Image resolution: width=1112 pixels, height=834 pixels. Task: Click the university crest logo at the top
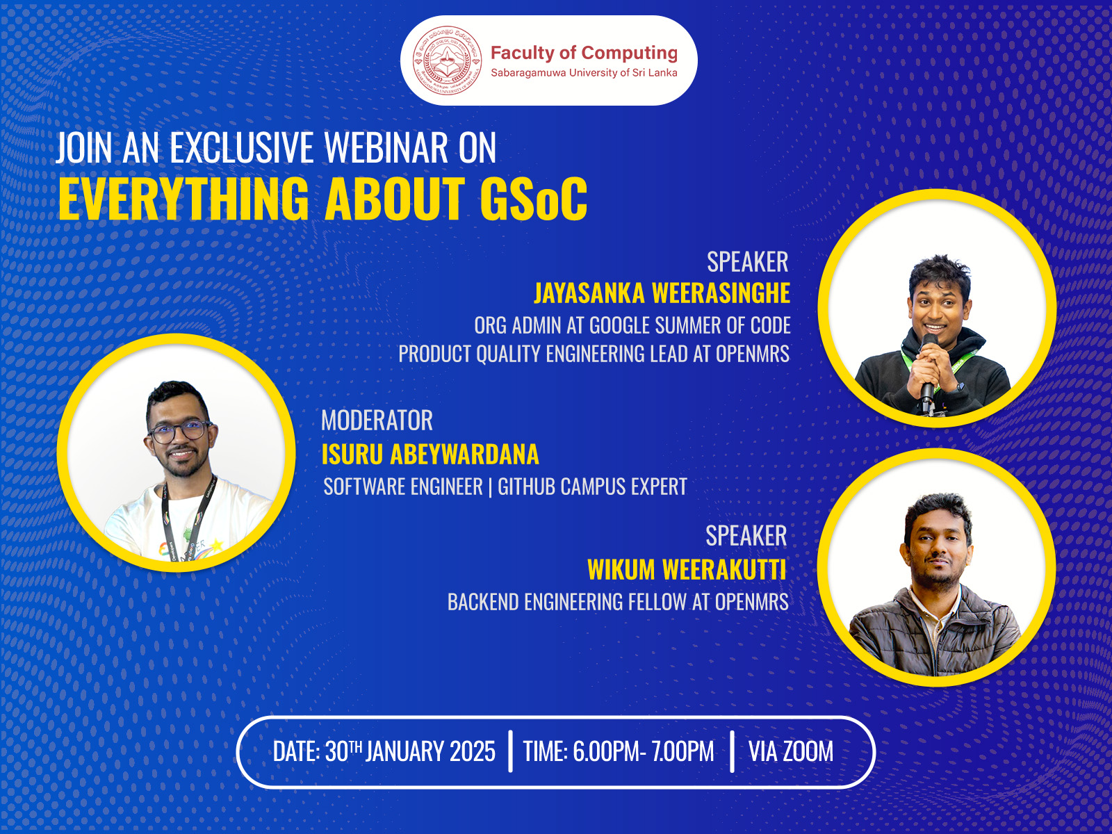447,60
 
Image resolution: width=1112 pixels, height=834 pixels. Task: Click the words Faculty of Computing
584,53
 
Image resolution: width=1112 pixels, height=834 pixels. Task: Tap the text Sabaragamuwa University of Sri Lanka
584,73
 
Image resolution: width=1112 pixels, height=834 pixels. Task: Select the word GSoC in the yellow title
533,199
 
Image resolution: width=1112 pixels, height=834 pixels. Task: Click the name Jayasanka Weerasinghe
662,293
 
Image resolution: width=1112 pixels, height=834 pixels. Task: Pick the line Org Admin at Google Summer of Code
632,325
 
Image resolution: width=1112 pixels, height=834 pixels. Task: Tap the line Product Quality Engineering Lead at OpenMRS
594,354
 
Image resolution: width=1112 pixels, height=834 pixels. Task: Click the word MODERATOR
377,420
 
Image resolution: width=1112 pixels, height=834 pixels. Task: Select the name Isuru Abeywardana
430,455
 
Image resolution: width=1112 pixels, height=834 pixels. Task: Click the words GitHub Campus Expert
592,486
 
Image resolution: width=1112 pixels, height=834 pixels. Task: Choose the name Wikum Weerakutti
687,570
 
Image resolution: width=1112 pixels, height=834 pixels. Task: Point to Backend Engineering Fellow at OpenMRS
618,602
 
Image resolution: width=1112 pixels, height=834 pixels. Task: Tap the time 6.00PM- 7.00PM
619,751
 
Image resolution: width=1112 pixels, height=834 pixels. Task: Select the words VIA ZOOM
790,751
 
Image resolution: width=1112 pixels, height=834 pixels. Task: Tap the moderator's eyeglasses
180,432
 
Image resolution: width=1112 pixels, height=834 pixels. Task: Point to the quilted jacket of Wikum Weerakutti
903,632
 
